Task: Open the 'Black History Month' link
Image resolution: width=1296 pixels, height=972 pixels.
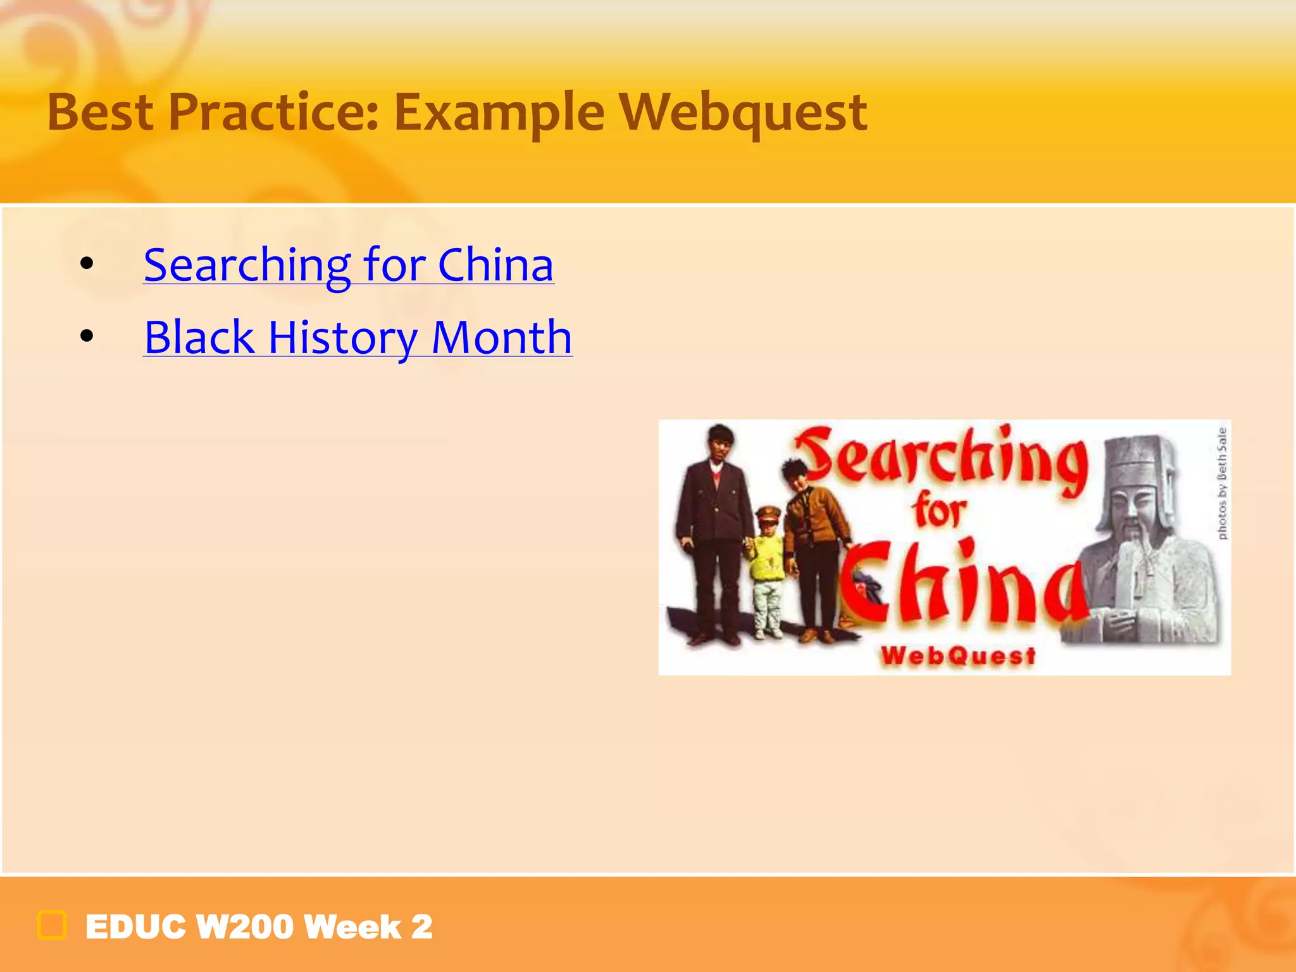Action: [x=358, y=337]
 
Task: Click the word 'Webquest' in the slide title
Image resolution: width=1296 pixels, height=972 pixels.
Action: [x=743, y=113]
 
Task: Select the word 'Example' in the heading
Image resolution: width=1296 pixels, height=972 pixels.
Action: [x=499, y=113]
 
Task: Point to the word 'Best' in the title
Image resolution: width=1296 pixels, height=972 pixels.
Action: [x=101, y=113]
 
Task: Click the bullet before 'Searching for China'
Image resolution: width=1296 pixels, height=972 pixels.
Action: [x=87, y=264]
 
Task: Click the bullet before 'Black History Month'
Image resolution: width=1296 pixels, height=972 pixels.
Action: [x=87, y=337]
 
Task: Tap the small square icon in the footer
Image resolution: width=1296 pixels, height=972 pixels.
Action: [x=52, y=926]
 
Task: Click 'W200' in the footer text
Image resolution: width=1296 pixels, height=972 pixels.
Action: [x=244, y=927]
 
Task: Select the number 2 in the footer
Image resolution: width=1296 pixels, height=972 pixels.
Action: [x=421, y=927]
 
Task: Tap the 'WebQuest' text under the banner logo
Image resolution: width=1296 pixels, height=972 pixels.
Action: [x=959, y=656]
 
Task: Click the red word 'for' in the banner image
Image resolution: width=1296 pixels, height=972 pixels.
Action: [x=939, y=511]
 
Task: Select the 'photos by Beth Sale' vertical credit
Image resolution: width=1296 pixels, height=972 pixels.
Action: [x=1222, y=484]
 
